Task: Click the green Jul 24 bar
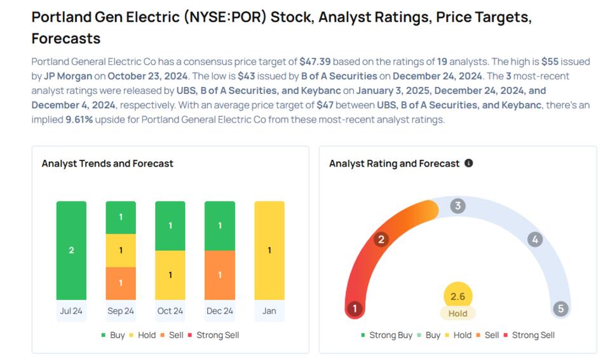(71, 250)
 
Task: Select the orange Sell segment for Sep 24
(121, 283)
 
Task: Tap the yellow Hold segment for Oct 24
(170, 275)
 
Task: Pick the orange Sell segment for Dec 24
(220, 275)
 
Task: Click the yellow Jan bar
(269, 250)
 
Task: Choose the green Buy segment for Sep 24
(121, 217)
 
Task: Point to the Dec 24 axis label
(220, 311)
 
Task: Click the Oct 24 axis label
(170, 311)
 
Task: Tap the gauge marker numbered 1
(355, 309)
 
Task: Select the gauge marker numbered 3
(457, 206)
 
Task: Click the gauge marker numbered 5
(560, 309)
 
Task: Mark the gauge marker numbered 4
(535, 239)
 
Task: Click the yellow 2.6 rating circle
(457, 297)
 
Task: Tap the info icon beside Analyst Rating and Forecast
(469, 163)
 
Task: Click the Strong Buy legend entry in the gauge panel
(387, 335)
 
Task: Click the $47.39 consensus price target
(315, 62)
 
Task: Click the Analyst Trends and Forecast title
(107, 163)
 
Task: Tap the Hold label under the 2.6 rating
(457, 314)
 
